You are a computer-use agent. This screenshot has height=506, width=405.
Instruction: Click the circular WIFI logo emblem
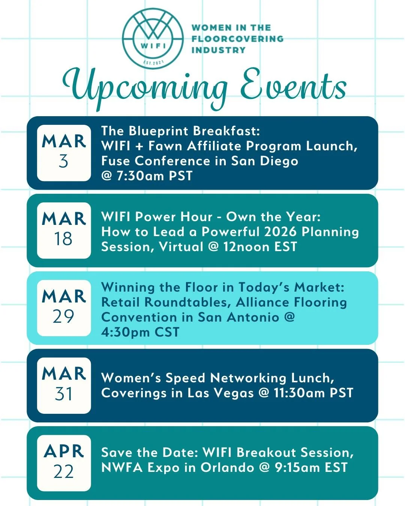coord(153,39)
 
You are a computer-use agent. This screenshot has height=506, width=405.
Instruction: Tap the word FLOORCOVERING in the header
coord(237,39)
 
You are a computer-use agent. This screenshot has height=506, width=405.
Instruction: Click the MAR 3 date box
coord(64,153)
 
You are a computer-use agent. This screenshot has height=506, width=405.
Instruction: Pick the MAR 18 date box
coord(64,231)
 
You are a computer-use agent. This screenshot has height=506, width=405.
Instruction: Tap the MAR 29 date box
coord(64,308)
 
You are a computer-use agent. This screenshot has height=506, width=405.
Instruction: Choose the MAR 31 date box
coord(64,386)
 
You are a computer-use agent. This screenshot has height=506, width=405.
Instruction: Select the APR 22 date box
coord(64,463)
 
